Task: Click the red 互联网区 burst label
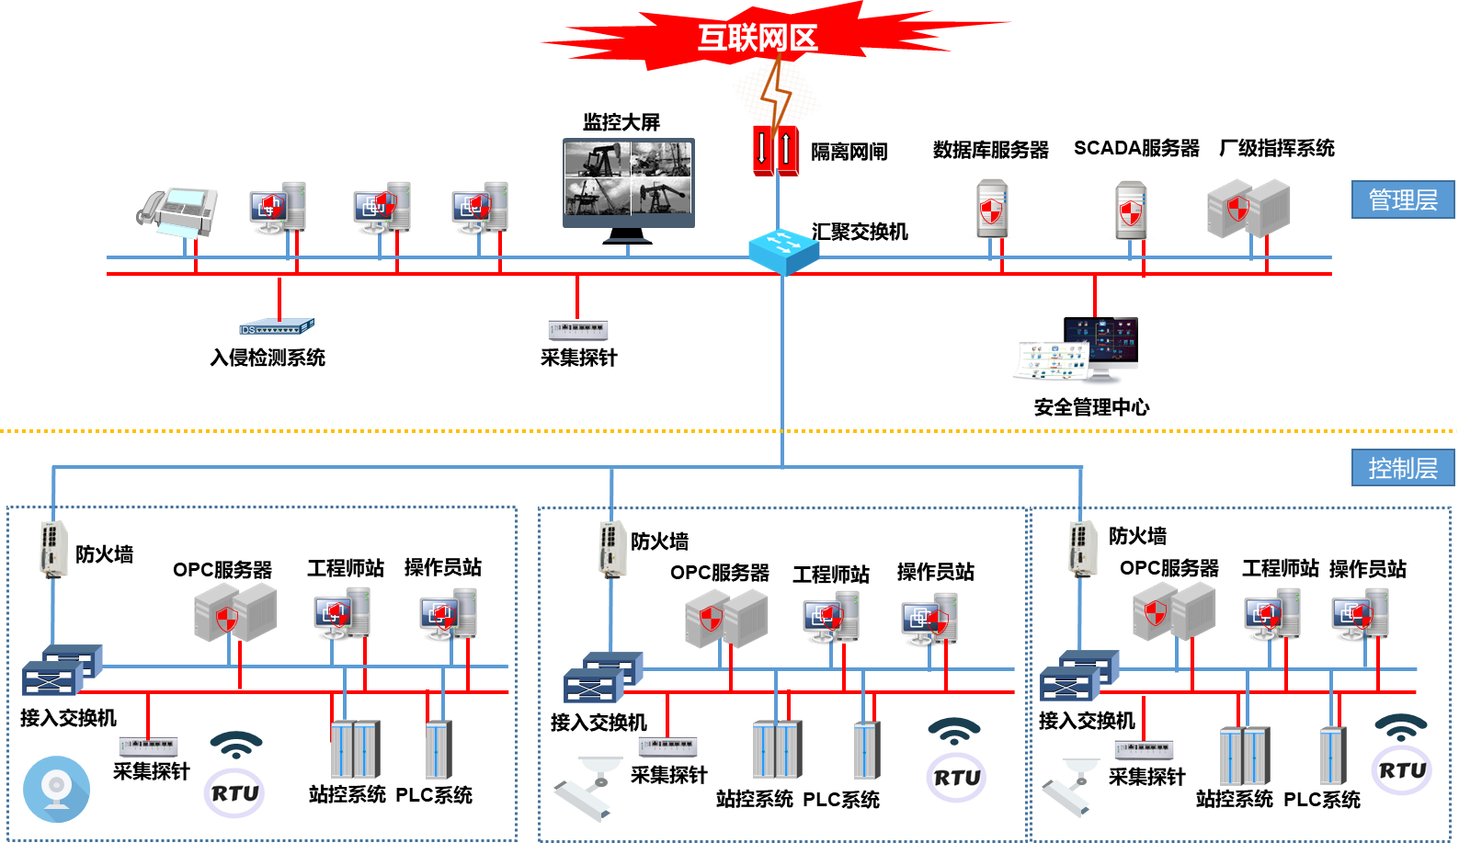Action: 758,38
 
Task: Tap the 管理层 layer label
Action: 1402,199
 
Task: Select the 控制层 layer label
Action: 1402,468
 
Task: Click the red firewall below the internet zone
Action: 776,151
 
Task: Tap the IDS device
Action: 276,327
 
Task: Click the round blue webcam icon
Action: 57,789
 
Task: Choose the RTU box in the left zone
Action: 235,792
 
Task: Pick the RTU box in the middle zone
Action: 957,777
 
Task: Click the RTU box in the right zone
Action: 1402,769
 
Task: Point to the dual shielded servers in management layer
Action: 1248,209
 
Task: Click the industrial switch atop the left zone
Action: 54,549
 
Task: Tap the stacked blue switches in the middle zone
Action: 603,677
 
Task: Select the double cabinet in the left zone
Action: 355,749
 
